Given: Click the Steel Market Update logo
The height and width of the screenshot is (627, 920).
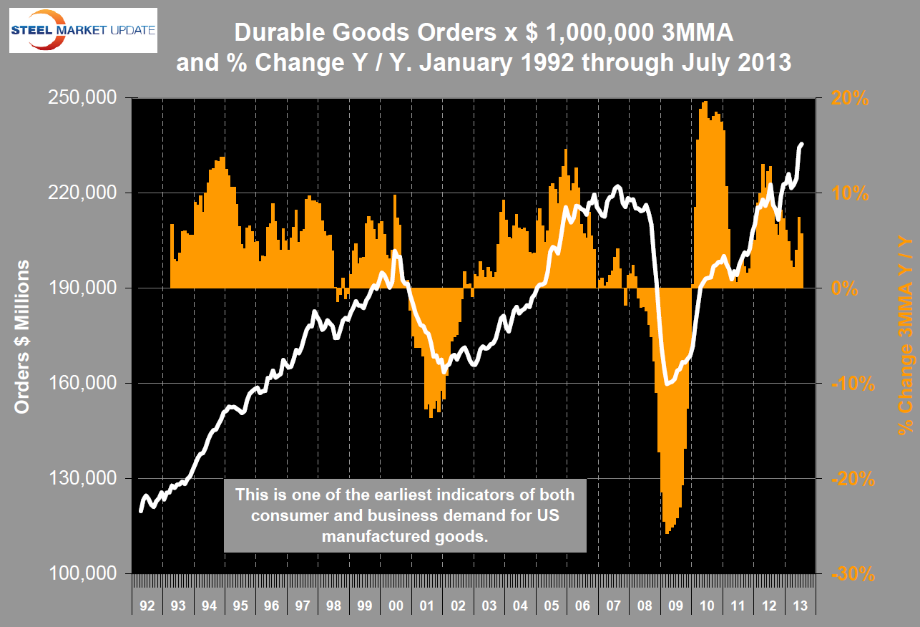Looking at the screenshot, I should [x=83, y=29].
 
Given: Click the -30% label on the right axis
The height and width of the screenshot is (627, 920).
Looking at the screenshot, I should [x=852, y=573].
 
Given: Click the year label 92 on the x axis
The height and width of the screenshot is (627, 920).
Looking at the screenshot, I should [x=147, y=606].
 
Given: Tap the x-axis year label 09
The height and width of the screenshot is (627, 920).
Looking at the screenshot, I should [x=675, y=606].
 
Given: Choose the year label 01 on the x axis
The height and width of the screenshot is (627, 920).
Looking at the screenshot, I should [x=426, y=606].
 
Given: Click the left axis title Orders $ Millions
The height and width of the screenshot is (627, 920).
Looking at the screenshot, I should [x=22, y=336].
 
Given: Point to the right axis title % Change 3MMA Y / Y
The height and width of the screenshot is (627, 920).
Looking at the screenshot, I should [x=906, y=336].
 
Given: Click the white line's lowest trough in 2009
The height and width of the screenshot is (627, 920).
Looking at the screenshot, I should [x=667, y=384].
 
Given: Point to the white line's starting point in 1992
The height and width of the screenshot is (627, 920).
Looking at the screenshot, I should [x=140, y=511].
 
